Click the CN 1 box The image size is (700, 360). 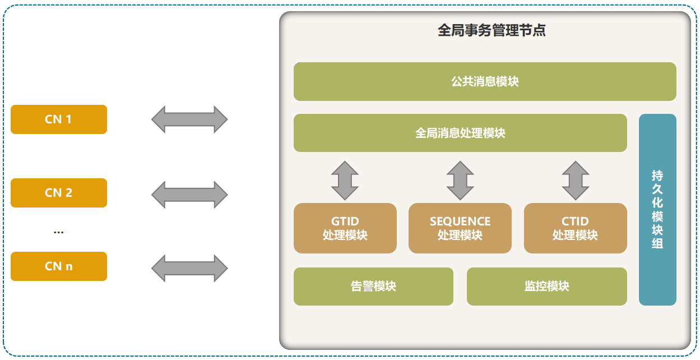(59, 119)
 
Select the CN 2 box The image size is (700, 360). (59, 193)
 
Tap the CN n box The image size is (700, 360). (59, 266)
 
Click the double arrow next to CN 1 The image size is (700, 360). (189, 119)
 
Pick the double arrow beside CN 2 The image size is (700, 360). (189, 194)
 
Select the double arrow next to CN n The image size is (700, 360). (189, 268)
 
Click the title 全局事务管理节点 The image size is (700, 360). (492, 30)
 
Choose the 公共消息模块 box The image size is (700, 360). (485, 82)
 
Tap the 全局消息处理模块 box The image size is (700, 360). (460, 133)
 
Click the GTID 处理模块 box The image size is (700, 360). (345, 228)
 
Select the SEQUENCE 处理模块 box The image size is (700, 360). (460, 228)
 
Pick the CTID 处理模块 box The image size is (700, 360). (575, 228)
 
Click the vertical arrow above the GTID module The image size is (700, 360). (345, 181)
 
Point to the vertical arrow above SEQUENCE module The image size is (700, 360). (460, 181)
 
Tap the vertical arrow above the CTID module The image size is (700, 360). (576, 181)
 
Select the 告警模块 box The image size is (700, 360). (373, 287)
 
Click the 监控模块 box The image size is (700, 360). (546, 287)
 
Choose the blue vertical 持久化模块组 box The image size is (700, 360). (657, 210)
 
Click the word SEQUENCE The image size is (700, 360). (460, 221)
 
